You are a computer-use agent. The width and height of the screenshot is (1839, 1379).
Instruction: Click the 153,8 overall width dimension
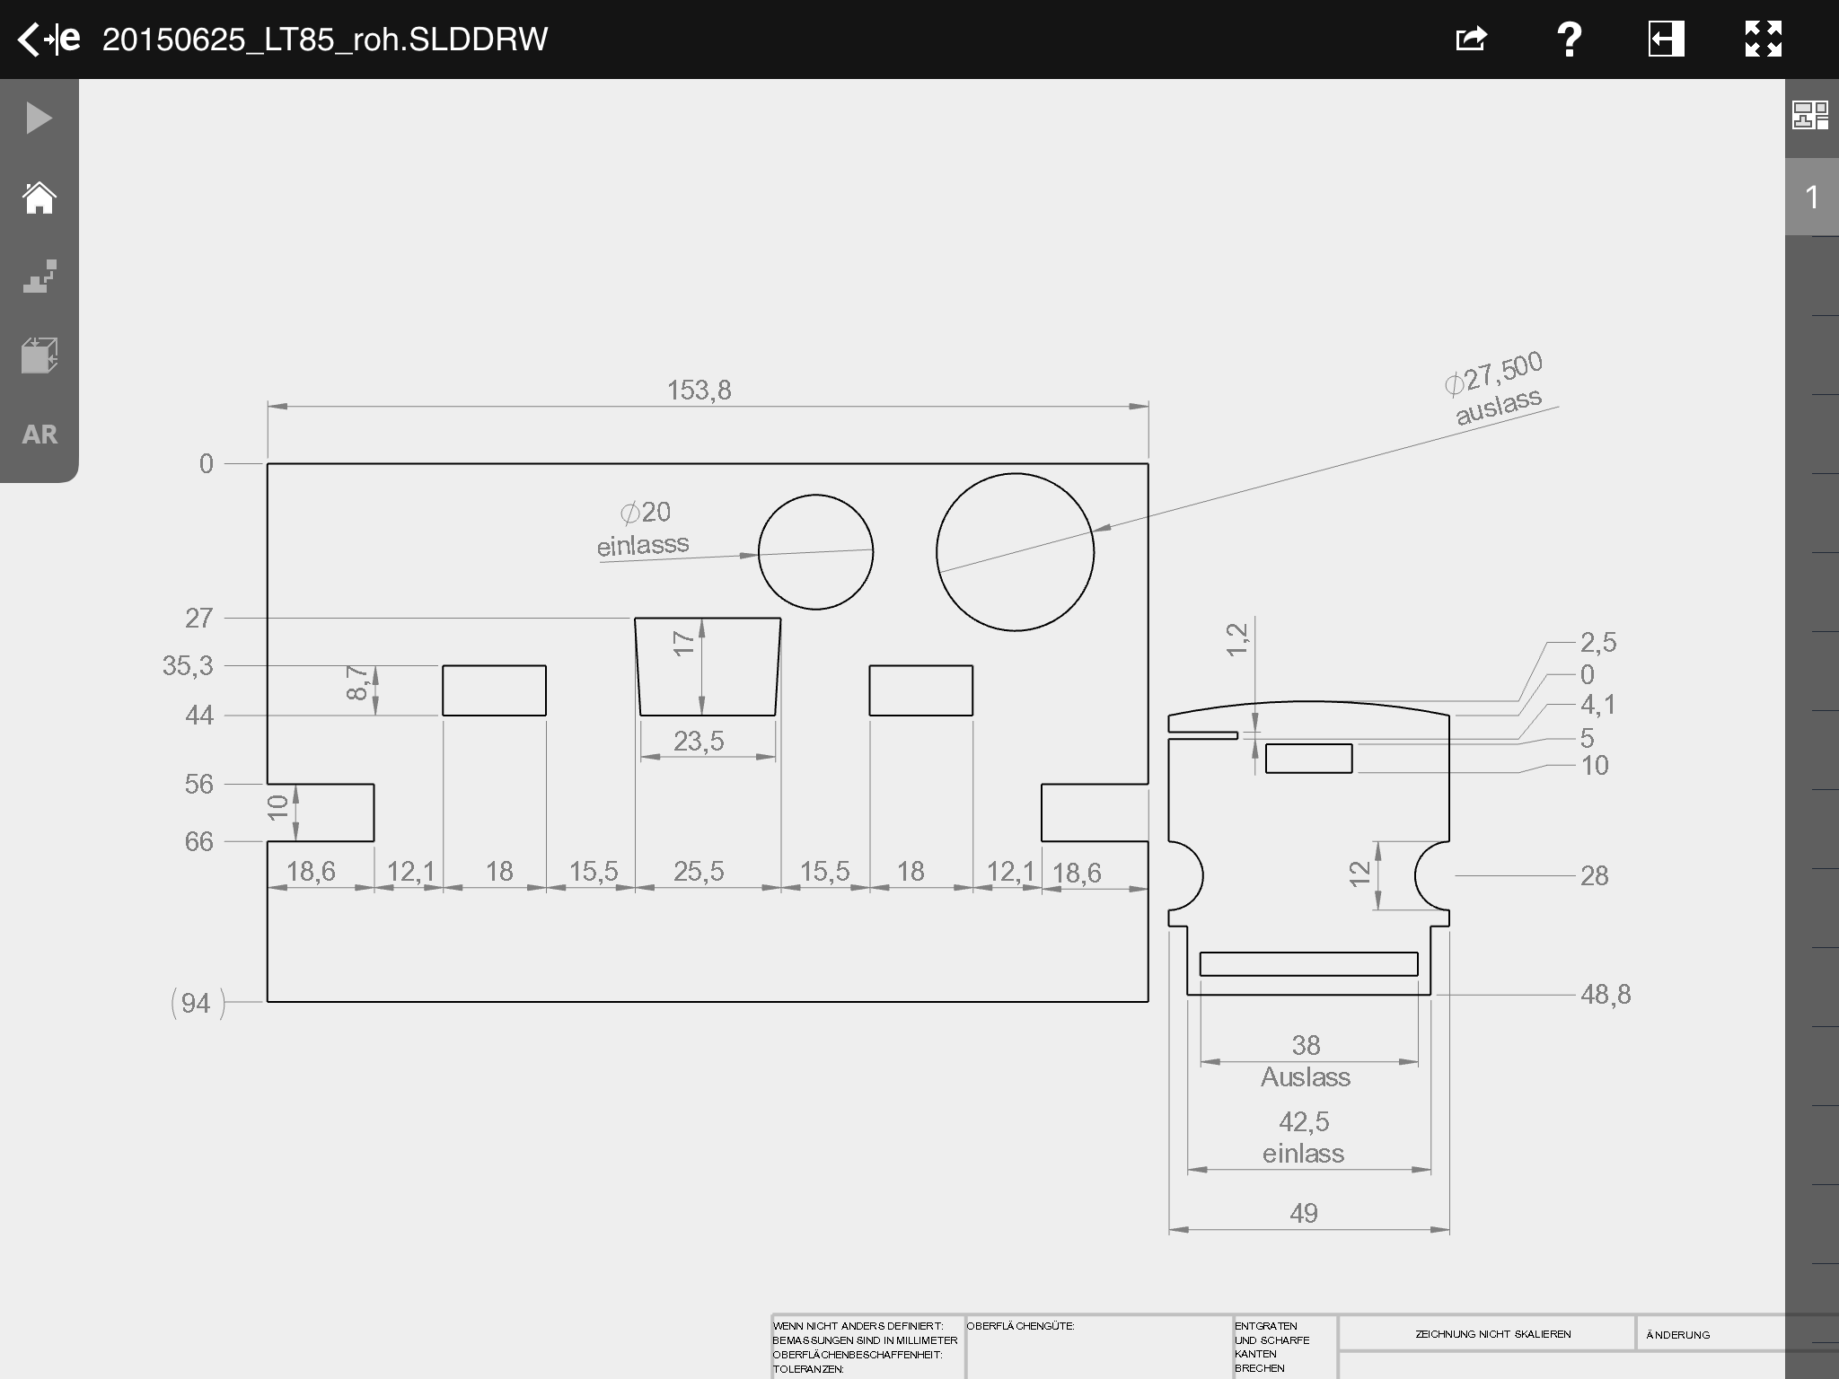click(699, 391)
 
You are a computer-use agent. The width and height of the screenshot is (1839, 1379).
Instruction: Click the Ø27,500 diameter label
click(1494, 373)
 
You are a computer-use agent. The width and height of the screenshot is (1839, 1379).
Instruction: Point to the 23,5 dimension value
click(699, 742)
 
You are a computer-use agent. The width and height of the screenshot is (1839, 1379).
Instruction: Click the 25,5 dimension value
click(699, 871)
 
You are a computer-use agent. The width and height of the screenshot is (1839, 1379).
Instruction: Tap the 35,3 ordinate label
click(188, 666)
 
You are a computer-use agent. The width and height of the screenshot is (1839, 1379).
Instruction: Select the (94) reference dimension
click(197, 1003)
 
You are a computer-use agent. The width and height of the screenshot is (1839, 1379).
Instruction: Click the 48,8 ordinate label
click(1606, 995)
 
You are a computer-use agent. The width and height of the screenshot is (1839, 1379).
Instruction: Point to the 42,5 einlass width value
click(1304, 1122)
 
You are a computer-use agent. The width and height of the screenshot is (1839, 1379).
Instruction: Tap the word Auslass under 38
click(1306, 1077)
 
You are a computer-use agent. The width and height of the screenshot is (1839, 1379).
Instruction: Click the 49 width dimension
click(1304, 1214)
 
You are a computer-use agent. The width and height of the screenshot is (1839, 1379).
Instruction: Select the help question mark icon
click(1569, 40)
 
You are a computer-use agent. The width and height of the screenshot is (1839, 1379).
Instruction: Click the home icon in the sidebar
click(40, 198)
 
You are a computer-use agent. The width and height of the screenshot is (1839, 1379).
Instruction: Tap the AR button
click(40, 435)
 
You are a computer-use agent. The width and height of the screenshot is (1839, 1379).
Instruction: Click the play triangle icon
click(40, 119)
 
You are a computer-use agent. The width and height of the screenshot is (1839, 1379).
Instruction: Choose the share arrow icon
click(1471, 40)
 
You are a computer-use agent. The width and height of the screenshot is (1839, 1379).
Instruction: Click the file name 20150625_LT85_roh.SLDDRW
click(325, 40)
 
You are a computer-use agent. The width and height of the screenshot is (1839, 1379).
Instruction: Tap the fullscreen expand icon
click(1763, 40)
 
